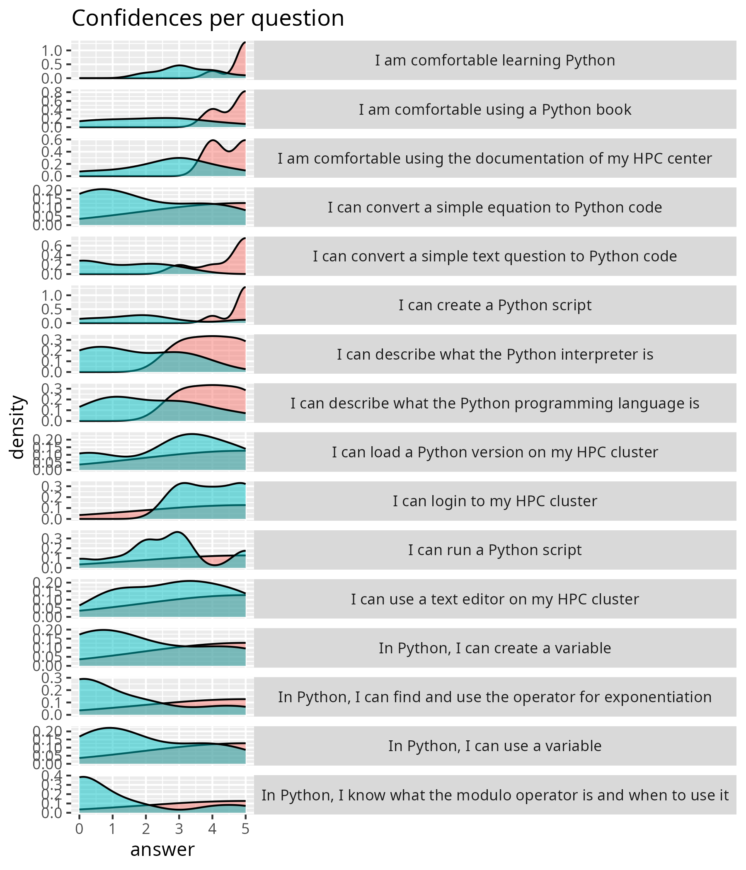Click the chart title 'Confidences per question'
click(x=208, y=19)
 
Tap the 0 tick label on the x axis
click(x=79, y=829)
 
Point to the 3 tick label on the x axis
click(x=179, y=829)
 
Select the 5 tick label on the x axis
click(x=245, y=829)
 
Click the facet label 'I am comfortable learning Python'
click(x=495, y=60)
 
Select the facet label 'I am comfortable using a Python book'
click(x=495, y=110)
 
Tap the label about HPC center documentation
click(x=495, y=159)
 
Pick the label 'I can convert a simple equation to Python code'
click(x=495, y=208)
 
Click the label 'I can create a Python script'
click(x=495, y=305)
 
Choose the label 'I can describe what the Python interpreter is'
click(x=495, y=354)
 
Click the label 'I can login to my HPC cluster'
click(x=495, y=501)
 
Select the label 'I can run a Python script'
click(x=495, y=550)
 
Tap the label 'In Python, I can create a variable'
click(x=495, y=648)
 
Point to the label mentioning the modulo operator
click(x=495, y=795)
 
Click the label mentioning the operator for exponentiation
click(x=495, y=697)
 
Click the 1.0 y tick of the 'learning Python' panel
click(x=52, y=51)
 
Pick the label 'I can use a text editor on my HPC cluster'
click(x=495, y=599)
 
